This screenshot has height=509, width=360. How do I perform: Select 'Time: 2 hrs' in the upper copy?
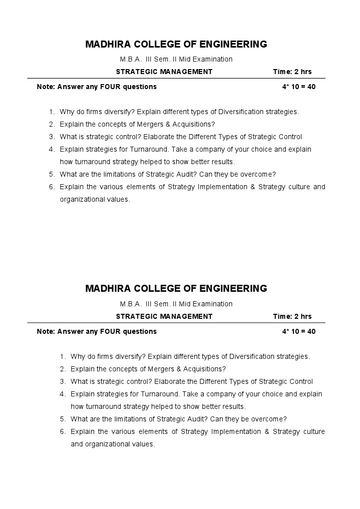tap(292, 72)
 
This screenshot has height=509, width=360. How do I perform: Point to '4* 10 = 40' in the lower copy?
tap(298, 331)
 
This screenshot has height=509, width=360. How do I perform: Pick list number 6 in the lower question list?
tap(63, 431)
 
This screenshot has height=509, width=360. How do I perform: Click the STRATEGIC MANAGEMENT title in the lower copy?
tap(164, 316)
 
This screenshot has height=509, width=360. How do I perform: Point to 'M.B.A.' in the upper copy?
tap(131, 59)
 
